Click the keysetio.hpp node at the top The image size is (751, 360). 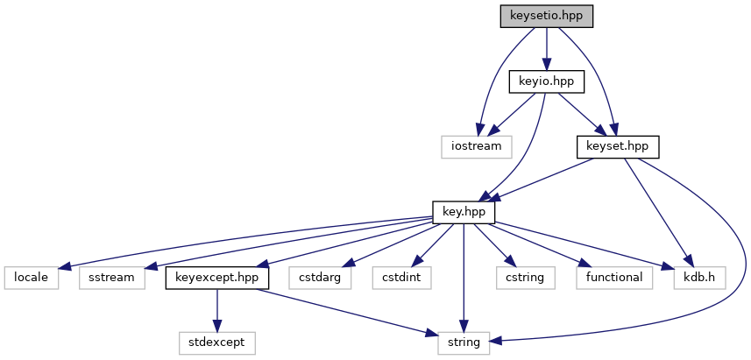tap(546, 16)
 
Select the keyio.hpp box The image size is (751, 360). tap(547, 81)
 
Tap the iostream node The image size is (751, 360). tap(476, 146)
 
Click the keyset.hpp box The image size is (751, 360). tap(617, 146)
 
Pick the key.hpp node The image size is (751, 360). tap(464, 212)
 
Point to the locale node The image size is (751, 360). tap(32, 278)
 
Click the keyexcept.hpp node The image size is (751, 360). tap(217, 278)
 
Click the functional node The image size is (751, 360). tap(614, 278)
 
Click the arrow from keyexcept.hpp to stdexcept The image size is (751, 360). tap(217, 310)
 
